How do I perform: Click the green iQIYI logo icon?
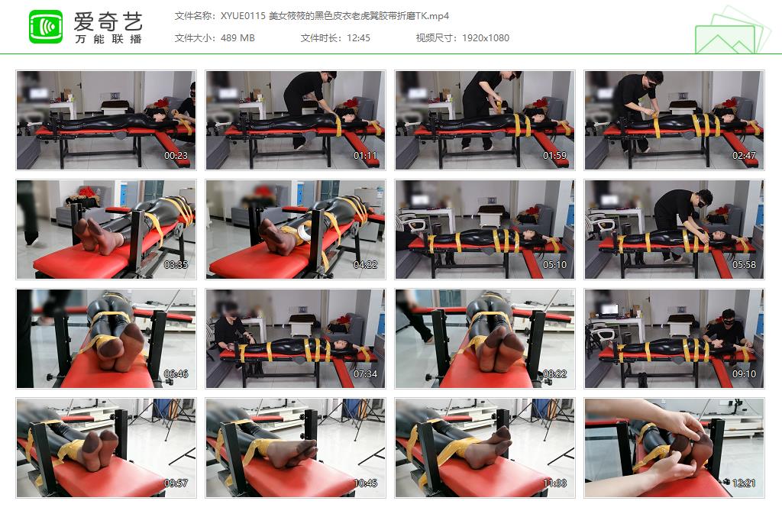pyautogui.click(x=46, y=27)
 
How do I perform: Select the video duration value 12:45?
pyautogui.click(x=357, y=37)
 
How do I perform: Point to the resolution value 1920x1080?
pyautogui.click(x=486, y=37)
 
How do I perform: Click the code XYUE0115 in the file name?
pyautogui.click(x=242, y=15)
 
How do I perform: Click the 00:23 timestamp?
pyautogui.click(x=176, y=156)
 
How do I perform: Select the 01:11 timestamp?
pyautogui.click(x=365, y=156)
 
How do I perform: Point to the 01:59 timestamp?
pyautogui.click(x=554, y=156)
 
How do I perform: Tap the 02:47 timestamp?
pyautogui.click(x=744, y=156)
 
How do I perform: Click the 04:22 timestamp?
pyautogui.click(x=365, y=265)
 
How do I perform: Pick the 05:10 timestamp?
pyautogui.click(x=554, y=265)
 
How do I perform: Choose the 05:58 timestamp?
pyautogui.click(x=744, y=265)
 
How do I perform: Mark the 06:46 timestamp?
pyautogui.click(x=176, y=374)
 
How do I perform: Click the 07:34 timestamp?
pyautogui.click(x=365, y=374)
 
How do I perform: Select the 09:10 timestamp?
pyautogui.click(x=744, y=374)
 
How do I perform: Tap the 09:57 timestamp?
pyautogui.click(x=176, y=483)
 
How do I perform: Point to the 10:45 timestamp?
pyautogui.click(x=365, y=483)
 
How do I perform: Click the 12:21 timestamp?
pyautogui.click(x=744, y=483)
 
